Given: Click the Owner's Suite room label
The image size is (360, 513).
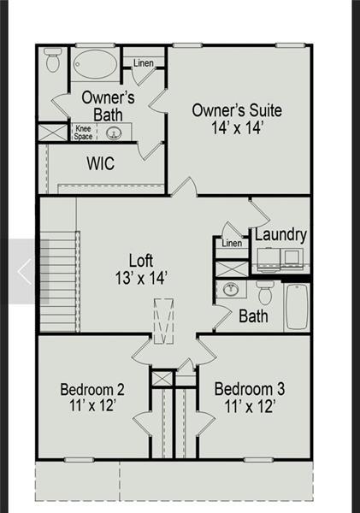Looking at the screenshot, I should coord(237,110).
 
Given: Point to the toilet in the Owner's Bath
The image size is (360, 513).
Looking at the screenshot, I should coord(53,59).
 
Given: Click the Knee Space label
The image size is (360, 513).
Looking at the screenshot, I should coord(83,133).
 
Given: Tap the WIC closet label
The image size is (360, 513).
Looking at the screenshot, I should coord(101,163).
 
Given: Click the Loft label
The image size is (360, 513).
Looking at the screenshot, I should coord(142,259).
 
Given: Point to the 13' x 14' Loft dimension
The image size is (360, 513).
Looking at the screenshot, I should coord(142,277).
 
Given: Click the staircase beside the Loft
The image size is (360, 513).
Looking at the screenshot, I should coord(58,283).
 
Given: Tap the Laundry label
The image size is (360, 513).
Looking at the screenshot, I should coord(280,234).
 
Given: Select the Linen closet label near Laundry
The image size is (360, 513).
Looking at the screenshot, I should coord(232,243).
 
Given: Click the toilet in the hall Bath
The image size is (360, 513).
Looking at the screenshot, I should coord(265,294).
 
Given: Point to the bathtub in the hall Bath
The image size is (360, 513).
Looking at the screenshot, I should coord(296,305).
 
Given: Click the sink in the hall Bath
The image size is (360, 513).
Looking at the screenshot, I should coord(230,290).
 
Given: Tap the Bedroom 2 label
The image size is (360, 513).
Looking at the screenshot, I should coord(94,390).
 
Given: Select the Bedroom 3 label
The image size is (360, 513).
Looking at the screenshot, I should coord(250,390).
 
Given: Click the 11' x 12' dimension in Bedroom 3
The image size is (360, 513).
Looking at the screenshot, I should coord(250,407).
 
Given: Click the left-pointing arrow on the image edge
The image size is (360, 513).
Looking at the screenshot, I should coord(23,272).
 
